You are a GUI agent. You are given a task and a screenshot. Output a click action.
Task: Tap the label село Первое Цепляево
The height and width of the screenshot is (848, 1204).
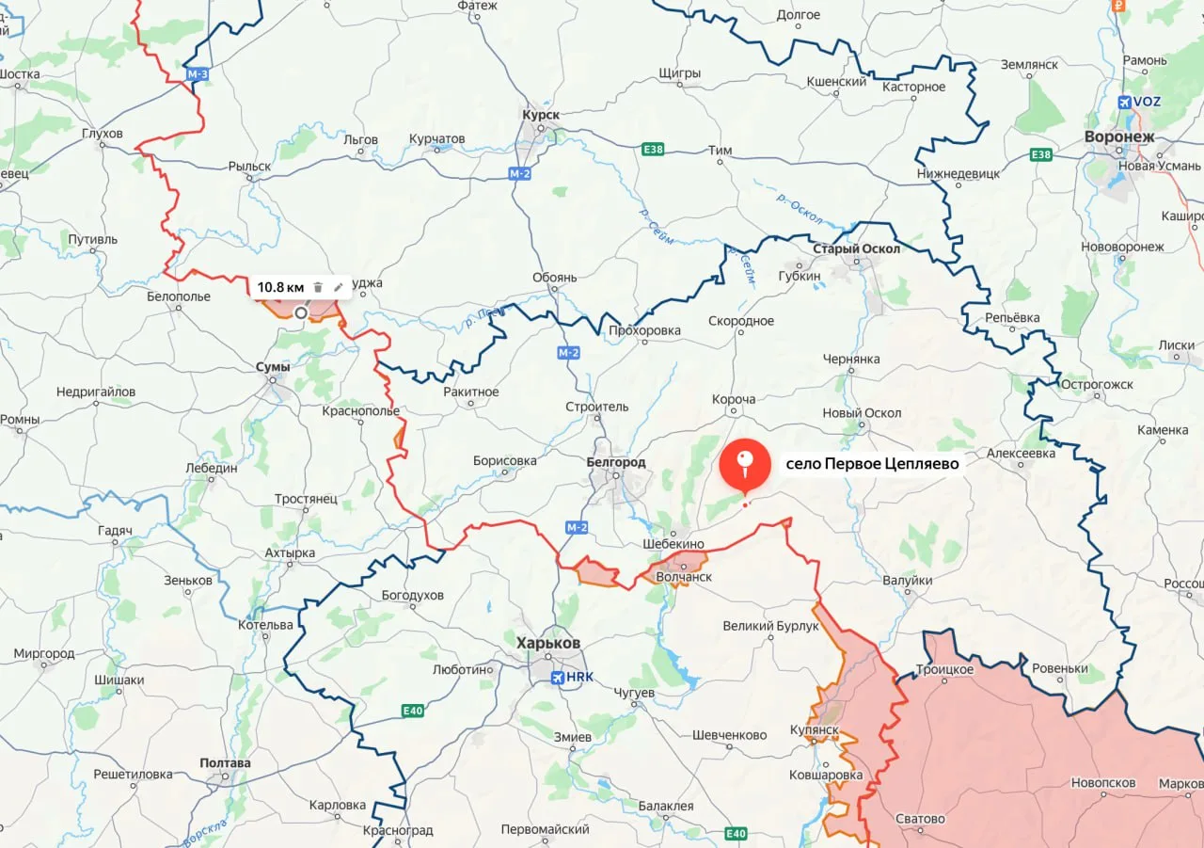coord(872,464)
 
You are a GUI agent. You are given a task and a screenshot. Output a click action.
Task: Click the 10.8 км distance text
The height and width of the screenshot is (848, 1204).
coord(280,287)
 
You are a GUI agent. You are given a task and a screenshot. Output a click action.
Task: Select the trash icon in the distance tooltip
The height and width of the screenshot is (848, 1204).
coord(318,287)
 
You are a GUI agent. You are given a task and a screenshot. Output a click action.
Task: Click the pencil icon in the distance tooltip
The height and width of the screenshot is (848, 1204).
coord(339,287)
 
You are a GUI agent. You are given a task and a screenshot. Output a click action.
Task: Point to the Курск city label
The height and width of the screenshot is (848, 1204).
coord(540,115)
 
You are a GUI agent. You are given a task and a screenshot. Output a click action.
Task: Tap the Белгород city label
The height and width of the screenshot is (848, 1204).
coord(615,462)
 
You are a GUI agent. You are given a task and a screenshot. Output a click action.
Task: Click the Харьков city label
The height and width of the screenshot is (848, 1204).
coord(548,643)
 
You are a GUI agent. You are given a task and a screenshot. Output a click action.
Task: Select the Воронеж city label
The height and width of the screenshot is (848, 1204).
coord(1118,136)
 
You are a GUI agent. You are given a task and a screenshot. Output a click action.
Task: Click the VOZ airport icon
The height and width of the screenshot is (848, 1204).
coord(1126,102)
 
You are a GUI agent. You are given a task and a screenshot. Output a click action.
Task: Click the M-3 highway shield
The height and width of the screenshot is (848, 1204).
coord(198,74)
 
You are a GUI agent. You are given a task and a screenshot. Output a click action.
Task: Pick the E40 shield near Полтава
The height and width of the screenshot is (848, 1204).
coord(412,711)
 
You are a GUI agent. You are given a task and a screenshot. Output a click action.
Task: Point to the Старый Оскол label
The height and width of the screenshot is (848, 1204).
coord(856,248)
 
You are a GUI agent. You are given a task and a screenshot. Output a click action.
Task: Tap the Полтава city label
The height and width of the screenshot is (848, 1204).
coord(225,763)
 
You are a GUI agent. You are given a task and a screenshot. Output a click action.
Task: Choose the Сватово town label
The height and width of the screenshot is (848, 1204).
coord(920,819)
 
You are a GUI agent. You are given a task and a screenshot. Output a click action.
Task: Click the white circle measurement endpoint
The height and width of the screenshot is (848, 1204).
coord(300,312)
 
